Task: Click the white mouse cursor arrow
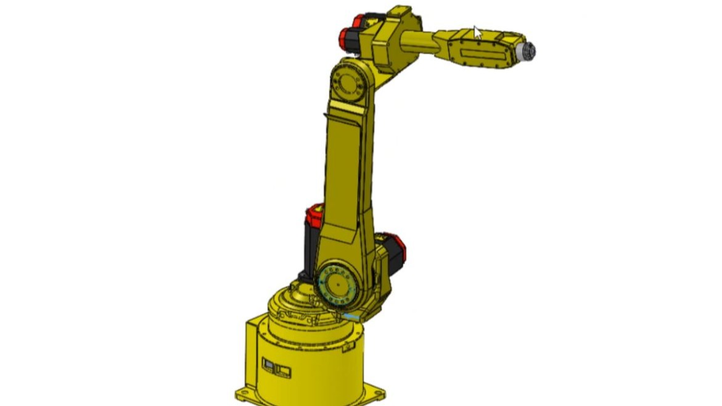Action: [x=477, y=32]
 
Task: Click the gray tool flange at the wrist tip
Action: [x=527, y=51]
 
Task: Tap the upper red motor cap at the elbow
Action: [x=358, y=22]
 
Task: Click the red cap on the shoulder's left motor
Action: [x=314, y=216]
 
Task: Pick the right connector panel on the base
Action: [x=284, y=370]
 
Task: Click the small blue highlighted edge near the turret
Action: [x=351, y=316]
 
